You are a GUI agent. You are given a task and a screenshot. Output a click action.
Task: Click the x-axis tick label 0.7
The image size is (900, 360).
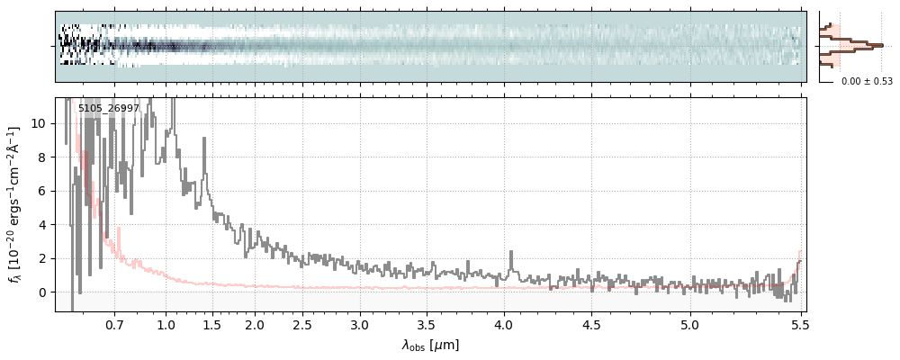[114, 324]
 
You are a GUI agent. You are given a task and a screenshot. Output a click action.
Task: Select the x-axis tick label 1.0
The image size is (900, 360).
[166, 324]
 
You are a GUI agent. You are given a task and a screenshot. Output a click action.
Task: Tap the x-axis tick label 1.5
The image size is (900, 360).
[213, 324]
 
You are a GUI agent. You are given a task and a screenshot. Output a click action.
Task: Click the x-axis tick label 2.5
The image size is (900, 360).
[302, 324]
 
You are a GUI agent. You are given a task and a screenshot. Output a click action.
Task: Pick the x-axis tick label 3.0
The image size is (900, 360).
[360, 324]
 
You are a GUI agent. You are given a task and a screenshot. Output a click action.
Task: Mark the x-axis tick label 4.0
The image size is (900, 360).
[504, 324]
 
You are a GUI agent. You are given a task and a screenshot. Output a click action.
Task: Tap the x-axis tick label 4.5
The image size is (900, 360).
[592, 324]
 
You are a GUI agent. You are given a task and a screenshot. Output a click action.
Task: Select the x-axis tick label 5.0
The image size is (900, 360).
[689, 324]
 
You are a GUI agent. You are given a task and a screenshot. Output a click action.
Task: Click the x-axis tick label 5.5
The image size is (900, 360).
[797, 324]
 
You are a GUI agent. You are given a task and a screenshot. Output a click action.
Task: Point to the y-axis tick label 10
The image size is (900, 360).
[40, 123]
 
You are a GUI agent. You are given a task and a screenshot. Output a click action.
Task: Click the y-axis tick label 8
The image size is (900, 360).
[42, 157]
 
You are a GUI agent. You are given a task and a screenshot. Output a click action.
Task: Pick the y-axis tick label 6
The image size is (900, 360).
[42, 191]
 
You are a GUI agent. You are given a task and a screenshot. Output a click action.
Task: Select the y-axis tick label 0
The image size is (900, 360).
[42, 292]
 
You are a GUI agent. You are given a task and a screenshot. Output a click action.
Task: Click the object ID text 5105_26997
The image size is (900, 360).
[108, 109]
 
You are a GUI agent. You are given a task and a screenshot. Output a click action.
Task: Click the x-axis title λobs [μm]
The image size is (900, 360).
[430, 345]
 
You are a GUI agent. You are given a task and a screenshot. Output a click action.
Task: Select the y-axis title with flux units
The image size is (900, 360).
[15, 205]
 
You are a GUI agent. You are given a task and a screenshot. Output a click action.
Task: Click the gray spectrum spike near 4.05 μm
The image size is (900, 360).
[511, 256]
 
